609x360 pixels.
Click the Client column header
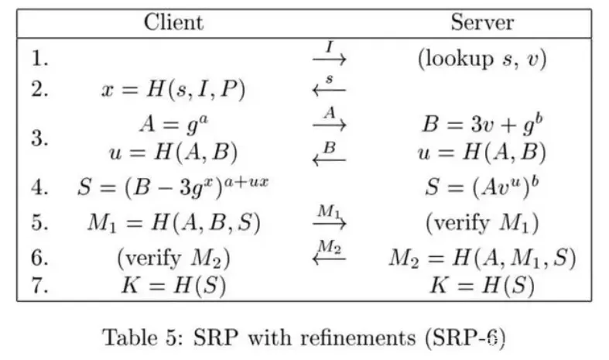point(174,22)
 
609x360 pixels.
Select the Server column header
point(481,22)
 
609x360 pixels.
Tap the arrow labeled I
point(329,57)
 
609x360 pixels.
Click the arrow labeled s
point(329,88)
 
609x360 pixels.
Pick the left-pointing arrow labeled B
point(329,156)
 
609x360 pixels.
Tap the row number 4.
point(41,188)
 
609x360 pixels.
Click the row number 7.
point(41,286)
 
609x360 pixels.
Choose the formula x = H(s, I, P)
point(173,90)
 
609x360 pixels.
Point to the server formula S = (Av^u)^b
point(481,188)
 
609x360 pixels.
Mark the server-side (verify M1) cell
point(481,223)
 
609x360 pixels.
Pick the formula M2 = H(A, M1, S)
point(481,256)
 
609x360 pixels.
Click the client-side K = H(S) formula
point(173,286)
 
